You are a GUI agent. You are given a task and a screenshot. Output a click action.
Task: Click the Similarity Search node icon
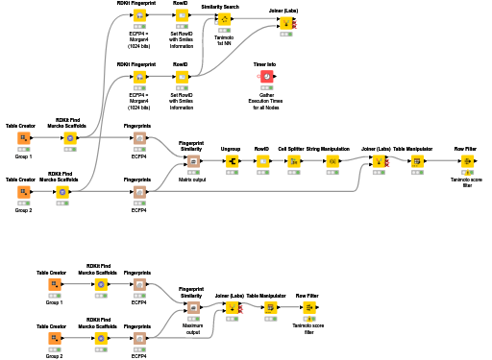click(x=224, y=19)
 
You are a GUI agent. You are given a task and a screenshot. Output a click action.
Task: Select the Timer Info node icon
click(x=266, y=77)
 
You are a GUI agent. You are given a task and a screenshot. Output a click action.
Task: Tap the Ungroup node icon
click(x=231, y=161)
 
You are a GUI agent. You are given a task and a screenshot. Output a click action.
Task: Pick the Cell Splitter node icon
click(x=294, y=161)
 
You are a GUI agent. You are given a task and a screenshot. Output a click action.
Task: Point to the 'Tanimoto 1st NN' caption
click(x=224, y=40)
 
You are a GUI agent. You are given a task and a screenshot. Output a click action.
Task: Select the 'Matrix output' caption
click(x=192, y=180)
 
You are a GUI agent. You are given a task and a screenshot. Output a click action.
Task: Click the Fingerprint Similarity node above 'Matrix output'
click(x=192, y=161)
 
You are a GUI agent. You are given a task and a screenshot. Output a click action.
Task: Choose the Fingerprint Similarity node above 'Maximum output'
click(x=192, y=308)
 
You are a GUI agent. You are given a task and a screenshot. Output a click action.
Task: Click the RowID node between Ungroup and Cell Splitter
click(x=262, y=161)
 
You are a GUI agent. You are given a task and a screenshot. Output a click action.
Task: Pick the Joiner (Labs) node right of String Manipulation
click(x=378, y=161)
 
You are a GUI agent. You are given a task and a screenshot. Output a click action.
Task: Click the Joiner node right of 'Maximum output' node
click(x=232, y=308)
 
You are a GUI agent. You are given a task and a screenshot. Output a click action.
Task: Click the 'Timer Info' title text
click(x=266, y=63)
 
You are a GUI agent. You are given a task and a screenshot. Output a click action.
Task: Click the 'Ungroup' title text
click(x=231, y=149)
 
